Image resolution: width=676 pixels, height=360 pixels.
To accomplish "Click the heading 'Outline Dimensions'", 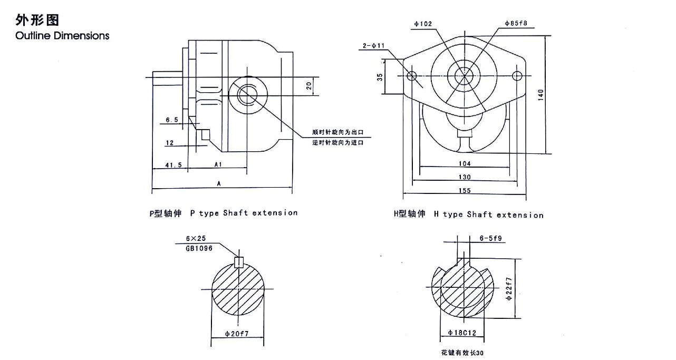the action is (x=62, y=36).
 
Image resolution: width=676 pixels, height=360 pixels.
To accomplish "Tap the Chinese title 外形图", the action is (x=37, y=20).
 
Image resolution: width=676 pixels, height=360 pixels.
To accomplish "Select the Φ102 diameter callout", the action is (x=423, y=24).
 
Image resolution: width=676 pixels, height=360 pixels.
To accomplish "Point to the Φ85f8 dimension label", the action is (x=516, y=23).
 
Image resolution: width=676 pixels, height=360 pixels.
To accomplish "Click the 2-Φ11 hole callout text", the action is (x=374, y=46).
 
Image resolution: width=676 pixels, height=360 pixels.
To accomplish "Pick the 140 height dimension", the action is (x=540, y=95).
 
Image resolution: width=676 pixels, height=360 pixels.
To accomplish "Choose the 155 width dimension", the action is (x=465, y=190).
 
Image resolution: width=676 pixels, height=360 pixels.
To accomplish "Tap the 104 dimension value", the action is (x=465, y=163).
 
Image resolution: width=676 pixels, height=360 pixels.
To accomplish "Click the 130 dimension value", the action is (x=465, y=177).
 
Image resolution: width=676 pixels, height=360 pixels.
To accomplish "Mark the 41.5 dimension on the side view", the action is (x=173, y=165).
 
